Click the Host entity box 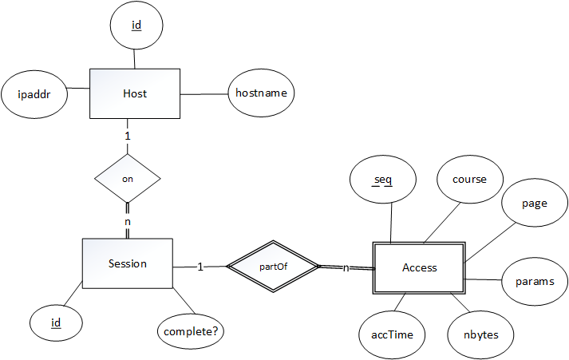(134, 94)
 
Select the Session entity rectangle (127, 263)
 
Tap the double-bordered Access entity (420, 267)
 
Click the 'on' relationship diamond (128, 179)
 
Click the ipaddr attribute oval (34, 93)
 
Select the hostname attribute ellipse (262, 93)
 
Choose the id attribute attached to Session (56, 322)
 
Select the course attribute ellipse (469, 180)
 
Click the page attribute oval (534, 204)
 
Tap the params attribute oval (535, 282)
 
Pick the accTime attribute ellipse (393, 334)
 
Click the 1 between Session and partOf (200, 267)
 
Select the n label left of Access (346, 267)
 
